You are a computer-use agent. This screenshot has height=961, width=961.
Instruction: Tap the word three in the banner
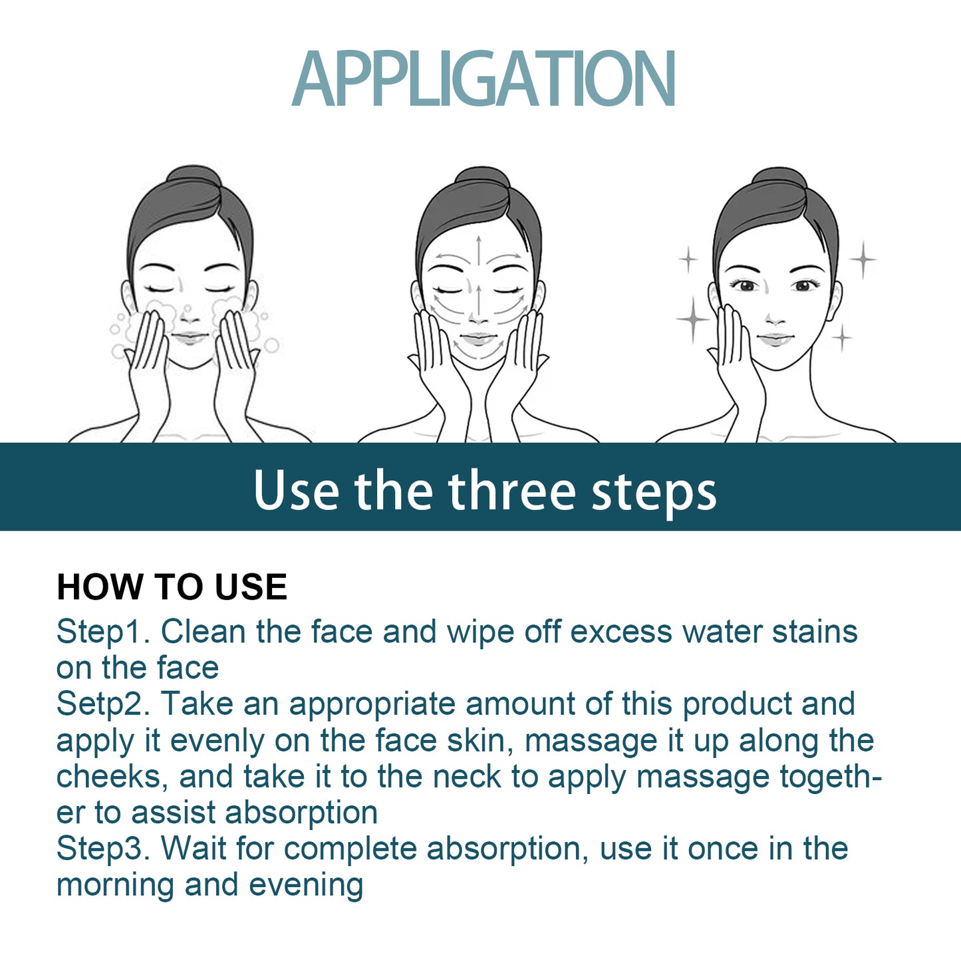(x=511, y=491)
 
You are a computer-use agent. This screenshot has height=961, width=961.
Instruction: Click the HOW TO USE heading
(x=172, y=587)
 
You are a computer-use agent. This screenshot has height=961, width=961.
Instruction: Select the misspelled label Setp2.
(x=102, y=704)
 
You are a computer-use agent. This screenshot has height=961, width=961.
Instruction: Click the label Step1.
(x=102, y=631)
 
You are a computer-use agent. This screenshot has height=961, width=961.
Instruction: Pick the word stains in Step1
(x=815, y=631)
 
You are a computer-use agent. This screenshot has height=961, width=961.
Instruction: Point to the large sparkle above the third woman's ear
(x=863, y=259)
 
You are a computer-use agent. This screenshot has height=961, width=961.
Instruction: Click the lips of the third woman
(x=775, y=339)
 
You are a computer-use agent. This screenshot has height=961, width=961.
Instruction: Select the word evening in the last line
(x=306, y=885)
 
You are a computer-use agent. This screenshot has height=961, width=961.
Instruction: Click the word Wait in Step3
(x=194, y=849)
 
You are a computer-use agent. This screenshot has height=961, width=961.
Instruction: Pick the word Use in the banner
(x=296, y=491)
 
